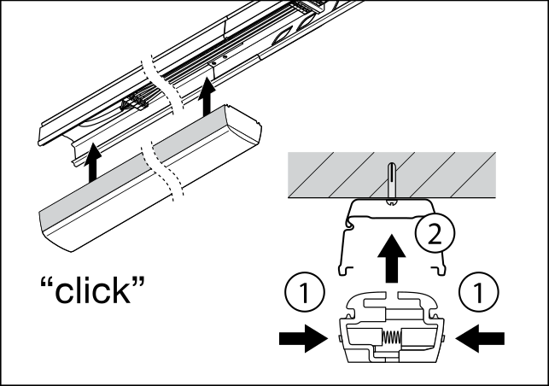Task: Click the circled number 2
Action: (435, 234)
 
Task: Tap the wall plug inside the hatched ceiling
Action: (390, 179)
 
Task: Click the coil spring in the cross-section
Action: (392, 337)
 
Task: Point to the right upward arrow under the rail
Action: (205, 97)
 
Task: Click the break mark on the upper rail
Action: (162, 84)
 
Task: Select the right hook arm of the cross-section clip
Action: (420, 302)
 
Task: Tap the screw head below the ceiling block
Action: (390, 203)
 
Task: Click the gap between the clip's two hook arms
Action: (393, 299)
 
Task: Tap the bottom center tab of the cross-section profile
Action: (392, 356)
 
